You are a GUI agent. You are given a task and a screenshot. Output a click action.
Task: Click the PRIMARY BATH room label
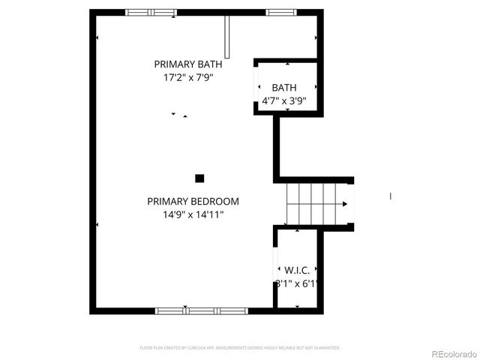click(188, 64)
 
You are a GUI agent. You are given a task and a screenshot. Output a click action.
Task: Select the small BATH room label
click(283, 88)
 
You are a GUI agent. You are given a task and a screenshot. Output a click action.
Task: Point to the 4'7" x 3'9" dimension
click(283, 100)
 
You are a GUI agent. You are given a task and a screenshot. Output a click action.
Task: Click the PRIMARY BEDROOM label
click(193, 201)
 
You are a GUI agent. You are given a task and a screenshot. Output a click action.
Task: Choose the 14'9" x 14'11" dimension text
click(193, 214)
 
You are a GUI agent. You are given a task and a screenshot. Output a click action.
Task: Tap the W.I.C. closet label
click(297, 269)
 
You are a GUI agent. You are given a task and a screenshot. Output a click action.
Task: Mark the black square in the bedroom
click(199, 178)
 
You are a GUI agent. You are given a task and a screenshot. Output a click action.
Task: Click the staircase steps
click(311, 203)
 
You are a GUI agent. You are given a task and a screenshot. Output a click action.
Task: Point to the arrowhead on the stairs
click(345, 203)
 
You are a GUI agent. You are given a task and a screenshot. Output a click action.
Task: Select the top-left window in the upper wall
click(151, 12)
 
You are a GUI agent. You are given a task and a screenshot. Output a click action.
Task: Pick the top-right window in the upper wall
click(280, 12)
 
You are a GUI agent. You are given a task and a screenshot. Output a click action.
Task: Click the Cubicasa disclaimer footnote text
click(240, 348)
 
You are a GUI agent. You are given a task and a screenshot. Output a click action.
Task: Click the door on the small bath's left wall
click(257, 86)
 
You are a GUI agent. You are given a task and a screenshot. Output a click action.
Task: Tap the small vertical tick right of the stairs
click(390, 196)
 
